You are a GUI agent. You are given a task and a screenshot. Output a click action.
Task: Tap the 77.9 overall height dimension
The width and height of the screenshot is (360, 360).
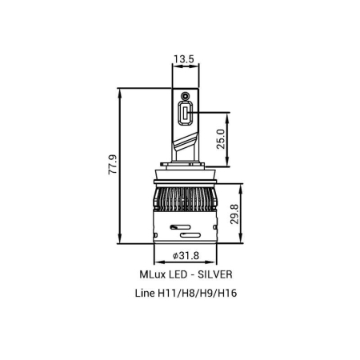(113, 164)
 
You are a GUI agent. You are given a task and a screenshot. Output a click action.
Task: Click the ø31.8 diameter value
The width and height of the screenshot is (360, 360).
(186, 255)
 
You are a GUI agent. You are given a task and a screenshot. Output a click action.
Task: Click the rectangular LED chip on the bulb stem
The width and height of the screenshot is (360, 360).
(184, 117)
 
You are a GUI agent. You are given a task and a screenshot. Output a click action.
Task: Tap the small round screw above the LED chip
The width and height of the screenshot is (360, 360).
(185, 97)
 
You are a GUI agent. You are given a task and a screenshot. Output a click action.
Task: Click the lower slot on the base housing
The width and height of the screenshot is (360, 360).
(190, 237)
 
